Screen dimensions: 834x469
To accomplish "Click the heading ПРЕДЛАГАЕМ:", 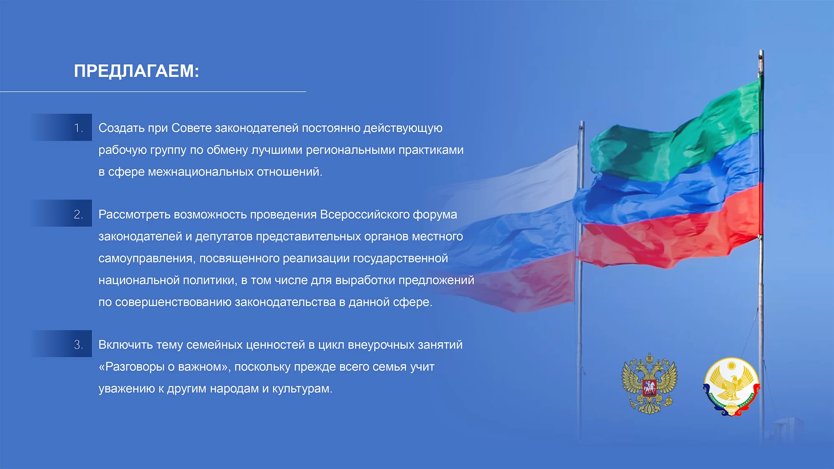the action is [x=136, y=71].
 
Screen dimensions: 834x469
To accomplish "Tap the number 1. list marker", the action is [x=78, y=128].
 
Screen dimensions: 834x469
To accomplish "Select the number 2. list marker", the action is [x=78, y=214].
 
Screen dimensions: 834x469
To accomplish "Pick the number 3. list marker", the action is [x=78, y=345].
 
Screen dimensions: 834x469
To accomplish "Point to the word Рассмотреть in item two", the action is [x=134, y=215].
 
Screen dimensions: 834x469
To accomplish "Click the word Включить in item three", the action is [x=126, y=345].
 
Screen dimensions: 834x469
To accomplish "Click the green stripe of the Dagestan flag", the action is [x=676, y=133].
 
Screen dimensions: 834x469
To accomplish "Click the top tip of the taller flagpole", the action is [x=761, y=51].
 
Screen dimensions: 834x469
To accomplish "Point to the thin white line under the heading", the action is [x=153, y=91].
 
